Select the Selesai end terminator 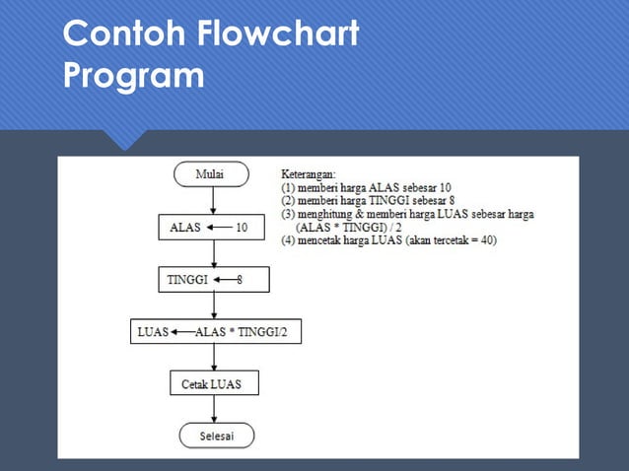coord(215,437)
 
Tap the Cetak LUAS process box coord(212,382)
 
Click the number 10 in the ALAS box coord(242,227)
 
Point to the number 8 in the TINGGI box coord(239,280)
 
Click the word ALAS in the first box coord(185,227)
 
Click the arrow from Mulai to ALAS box coord(213,200)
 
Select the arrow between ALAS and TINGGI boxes coord(213,253)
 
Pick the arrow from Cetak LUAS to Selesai coord(214,410)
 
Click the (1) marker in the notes coord(291,186)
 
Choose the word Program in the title coord(133,76)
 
